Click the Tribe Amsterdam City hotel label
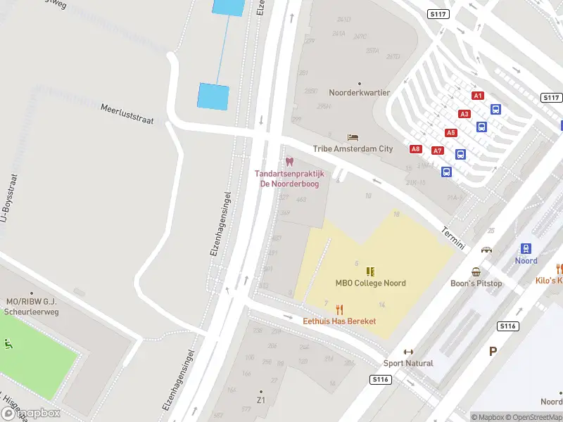pyautogui.click(x=353, y=149)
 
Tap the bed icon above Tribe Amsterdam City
pyautogui.click(x=353, y=137)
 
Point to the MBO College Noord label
pyautogui.click(x=370, y=283)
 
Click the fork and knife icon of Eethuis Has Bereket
pyautogui.click(x=340, y=309)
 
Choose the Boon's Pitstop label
pyautogui.click(x=476, y=283)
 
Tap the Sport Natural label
pyautogui.click(x=408, y=364)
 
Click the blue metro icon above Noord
pyautogui.click(x=526, y=248)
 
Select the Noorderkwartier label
pyautogui.click(x=359, y=93)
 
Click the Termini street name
pyautogui.click(x=453, y=237)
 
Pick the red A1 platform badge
pyautogui.click(x=478, y=96)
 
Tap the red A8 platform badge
pyautogui.click(x=416, y=149)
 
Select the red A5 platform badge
pyautogui.click(x=450, y=133)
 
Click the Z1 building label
pyautogui.click(x=260, y=400)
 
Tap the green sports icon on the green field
pyautogui.click(x=8, y=344)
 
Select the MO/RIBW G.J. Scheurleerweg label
pyautogui.click(x=31, y=306)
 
